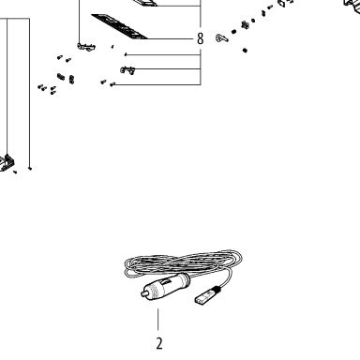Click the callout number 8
tap(201, 39)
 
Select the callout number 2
tap(159, 344)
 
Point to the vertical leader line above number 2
tap(158, 320)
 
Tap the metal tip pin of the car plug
tap(144, 293)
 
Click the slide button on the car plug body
tap(166, 282)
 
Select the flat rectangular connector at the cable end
tap(202, 298)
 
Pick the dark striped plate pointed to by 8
tap(120, 26)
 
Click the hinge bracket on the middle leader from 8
tap(127, 70)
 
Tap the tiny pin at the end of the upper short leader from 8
tap(126, 54)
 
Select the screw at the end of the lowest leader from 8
tap(112, 84)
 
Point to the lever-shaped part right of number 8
tap(221, 38)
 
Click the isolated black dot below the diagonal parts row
tap(245, 50)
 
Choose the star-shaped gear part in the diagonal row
tap(246, 25)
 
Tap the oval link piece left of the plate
tap(71, 80)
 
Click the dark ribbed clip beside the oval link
tap(61, 76)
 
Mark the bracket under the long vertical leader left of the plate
tap(86, 47)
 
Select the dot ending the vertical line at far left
tap(30, 169)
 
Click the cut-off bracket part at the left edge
tap(7, 163)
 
